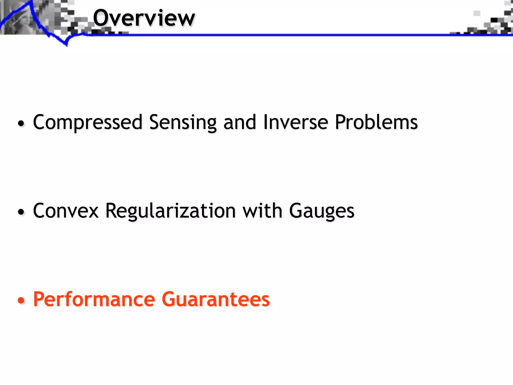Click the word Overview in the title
point(144,18)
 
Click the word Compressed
point(88,122)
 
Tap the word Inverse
point(296,122)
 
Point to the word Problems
point(376,122)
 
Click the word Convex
point(66,211)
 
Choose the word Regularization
point(171,211)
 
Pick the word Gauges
point(322,211)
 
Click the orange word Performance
point(94,299)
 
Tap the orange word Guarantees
point(216,299)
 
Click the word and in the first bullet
point(240,122)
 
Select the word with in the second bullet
point(262,211)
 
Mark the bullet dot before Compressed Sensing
point(21,123)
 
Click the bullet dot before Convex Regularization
point(21,212)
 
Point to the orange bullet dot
point(21,300)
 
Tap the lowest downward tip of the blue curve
point(67,46)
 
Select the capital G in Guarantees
point(171,299)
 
